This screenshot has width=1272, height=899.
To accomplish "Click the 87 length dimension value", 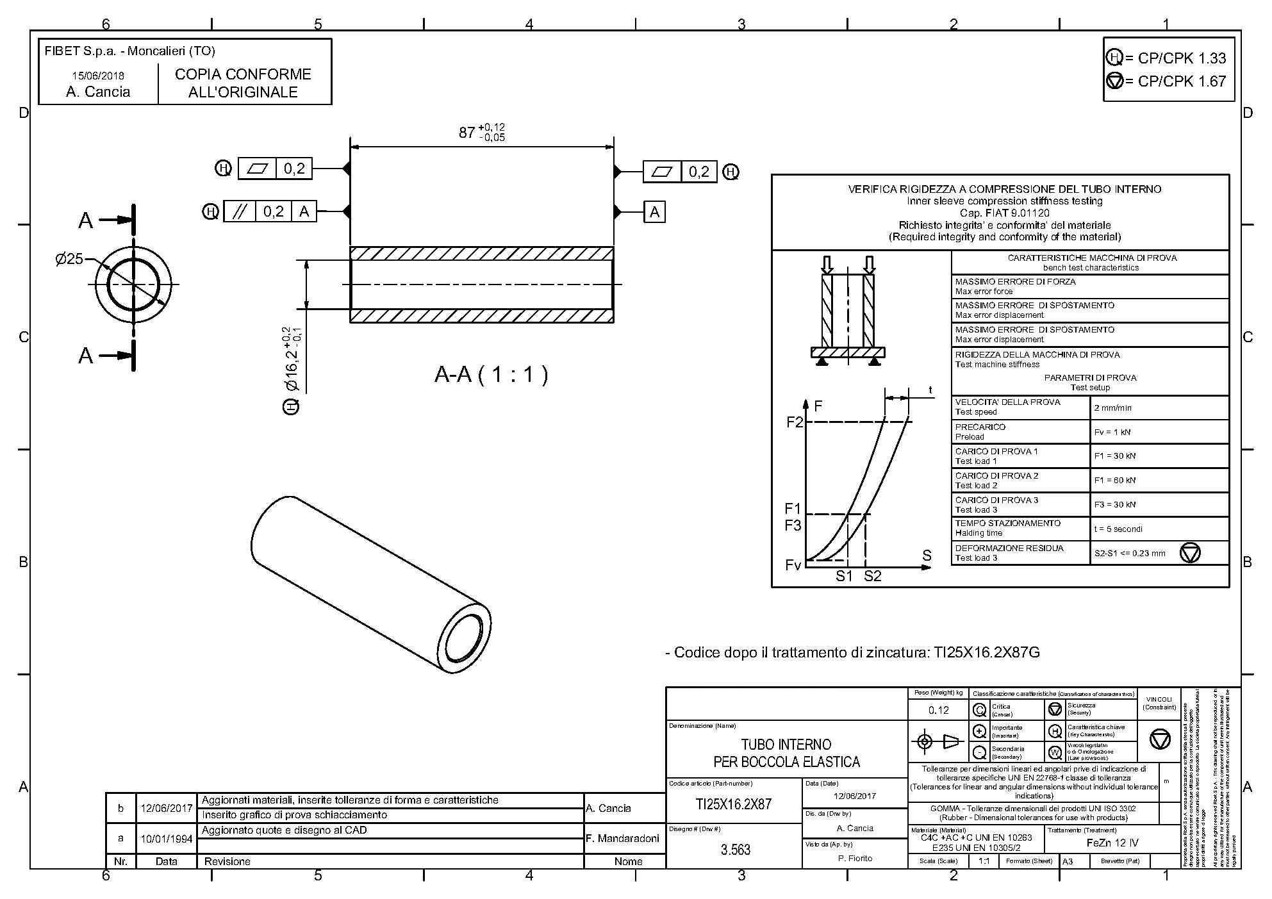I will [467, 133].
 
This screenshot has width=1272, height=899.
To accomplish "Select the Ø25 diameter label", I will [69, 259].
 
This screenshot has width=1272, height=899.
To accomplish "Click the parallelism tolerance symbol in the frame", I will [240, 211].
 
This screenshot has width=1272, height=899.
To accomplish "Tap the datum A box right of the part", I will [654, 212].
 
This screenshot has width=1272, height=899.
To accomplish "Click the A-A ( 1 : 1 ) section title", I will [491, 374].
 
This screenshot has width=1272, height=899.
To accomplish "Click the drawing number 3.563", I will [735, 850].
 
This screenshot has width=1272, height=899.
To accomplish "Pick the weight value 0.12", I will [938, 710].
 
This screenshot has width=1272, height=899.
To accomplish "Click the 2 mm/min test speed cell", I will [1112, 408].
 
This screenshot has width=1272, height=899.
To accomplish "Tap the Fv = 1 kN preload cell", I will [1112, 432].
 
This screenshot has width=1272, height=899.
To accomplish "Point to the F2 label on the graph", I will [794, 422].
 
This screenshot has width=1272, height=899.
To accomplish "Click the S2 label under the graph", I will [872, 576].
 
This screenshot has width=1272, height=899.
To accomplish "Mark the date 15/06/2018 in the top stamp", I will [98, 76].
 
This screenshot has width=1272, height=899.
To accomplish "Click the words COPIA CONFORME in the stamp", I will [243, 74].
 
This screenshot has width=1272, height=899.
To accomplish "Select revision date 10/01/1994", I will [167, 838].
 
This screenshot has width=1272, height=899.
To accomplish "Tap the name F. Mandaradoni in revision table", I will [622, 838].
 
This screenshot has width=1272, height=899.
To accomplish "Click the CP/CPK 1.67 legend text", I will [1181, 81].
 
